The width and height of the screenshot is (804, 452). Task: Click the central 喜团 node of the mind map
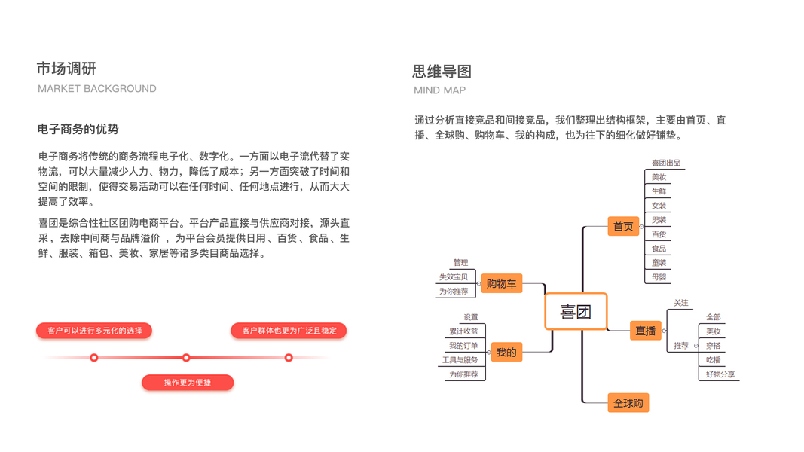coord(576,311)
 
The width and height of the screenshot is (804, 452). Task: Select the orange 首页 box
coord(623,226)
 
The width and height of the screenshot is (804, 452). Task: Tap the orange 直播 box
coord(645,331)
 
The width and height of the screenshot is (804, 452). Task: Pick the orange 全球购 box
coord(628,403)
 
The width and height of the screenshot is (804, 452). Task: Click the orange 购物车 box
coord(501,283)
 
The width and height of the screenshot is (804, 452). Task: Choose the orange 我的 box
coord(506,352)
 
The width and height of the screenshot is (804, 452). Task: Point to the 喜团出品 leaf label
coord(665,163)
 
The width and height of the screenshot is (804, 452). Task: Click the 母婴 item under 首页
coord(659,277)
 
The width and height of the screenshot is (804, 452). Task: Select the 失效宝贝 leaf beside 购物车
coord(453,277)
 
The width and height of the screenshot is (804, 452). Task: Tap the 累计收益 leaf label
coord(463,331)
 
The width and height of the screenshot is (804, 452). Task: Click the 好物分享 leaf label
coord(720,374)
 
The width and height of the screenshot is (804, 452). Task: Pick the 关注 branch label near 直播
coord(681,303)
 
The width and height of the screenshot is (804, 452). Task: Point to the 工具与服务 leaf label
coord(460,360)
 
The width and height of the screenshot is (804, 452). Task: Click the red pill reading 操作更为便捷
coord(188,383)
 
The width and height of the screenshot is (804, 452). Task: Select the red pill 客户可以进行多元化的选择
coord(94,331)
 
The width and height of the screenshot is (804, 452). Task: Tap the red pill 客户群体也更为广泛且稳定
coord(289,331)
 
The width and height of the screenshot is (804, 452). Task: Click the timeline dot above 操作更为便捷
coord(186,358)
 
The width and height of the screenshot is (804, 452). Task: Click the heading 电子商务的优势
coord(78,130)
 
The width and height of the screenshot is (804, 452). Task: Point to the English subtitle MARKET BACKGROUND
coord(97,89)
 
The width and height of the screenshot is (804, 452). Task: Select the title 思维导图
coord(442,72)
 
